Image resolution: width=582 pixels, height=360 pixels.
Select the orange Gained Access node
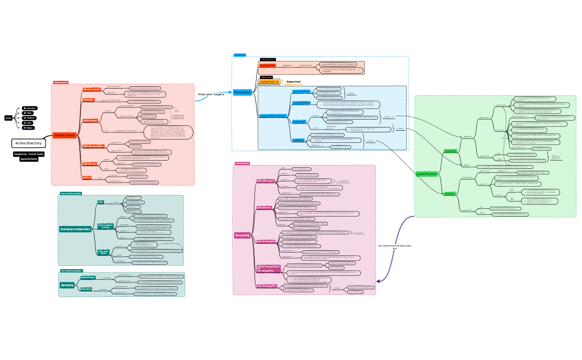[x=65, y=135]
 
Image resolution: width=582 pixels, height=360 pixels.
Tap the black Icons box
[x=8, y=118]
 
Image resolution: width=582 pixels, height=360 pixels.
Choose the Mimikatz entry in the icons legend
[x=30, y=118]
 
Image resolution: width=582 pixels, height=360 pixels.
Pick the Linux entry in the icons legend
[x=29, y=123]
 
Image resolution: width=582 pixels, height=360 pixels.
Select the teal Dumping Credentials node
[x=75, y=229]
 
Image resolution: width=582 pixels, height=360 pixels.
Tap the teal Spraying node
[x=67, y=285]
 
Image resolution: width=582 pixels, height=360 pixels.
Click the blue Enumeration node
[x=242, y=92]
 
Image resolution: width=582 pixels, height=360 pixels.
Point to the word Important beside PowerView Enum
[x=293, y=81]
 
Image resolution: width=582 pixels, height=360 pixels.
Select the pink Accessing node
[x=242, y=235]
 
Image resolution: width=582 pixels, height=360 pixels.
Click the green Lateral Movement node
[x=427, y=174]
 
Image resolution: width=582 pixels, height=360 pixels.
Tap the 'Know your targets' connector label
[x=211, y=94]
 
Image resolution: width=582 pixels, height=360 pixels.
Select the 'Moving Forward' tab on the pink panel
[x=242, y=163]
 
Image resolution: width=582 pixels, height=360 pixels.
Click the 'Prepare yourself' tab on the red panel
[x=60, y=83]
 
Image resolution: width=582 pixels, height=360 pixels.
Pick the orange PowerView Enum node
[x=269, y=81]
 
